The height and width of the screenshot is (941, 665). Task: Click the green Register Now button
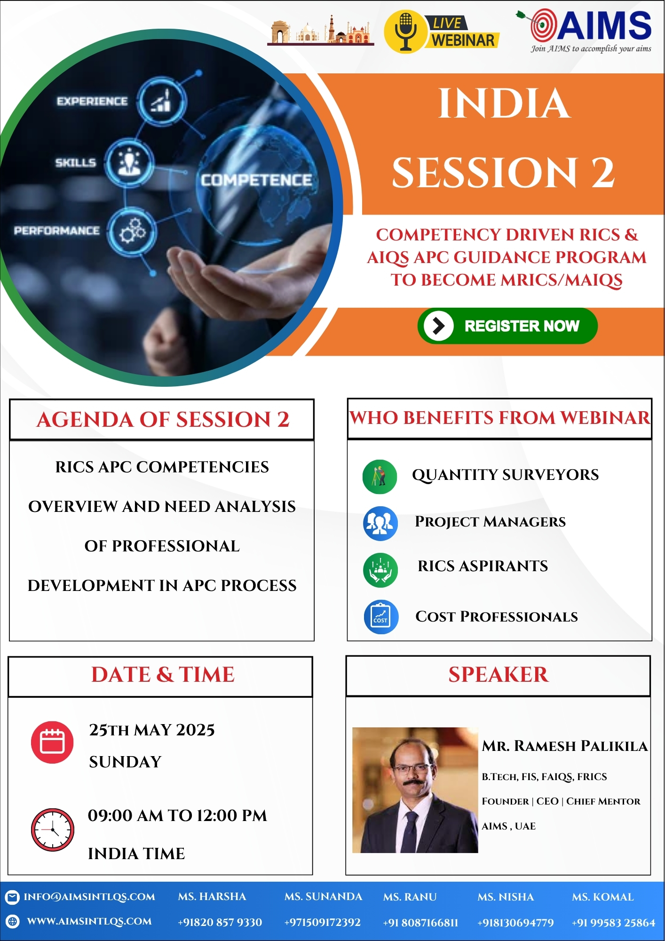[507, 326]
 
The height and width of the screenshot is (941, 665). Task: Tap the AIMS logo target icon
[543, 25]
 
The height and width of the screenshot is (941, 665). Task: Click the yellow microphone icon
[404, 32]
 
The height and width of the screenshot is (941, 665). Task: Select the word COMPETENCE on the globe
[256, 180]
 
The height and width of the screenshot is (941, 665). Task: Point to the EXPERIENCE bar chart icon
[162, 101]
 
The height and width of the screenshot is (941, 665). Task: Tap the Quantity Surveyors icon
[380, 477]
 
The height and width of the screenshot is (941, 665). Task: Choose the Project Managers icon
[380, 523]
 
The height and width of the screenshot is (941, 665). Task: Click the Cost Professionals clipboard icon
[381, 617]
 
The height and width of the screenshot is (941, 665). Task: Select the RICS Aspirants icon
[380, 570]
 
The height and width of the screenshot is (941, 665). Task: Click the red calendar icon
[52, 742]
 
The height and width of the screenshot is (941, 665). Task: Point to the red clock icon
[52, 830]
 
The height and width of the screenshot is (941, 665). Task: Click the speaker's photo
[415, 790]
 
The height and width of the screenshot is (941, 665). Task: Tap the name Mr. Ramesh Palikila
[565, 746]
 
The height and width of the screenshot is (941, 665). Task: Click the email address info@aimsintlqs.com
[89, 897]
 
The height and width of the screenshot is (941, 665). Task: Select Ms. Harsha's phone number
[220, 922]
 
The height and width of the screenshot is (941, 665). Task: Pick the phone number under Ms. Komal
[613, 923]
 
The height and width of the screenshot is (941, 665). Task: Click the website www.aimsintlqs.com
[89, 921]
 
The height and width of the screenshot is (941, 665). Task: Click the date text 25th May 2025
[152, 730]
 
